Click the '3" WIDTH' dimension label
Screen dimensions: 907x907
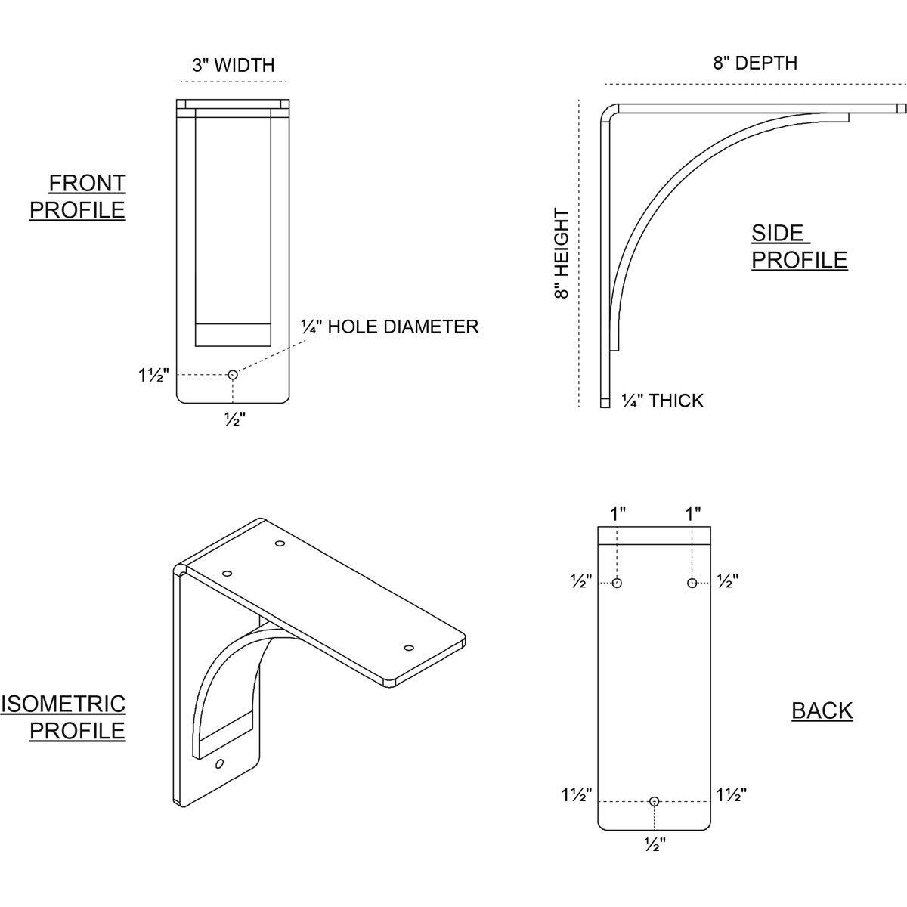pyautogui.click(x=233, y=65)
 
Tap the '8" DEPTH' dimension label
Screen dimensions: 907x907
pyautogui.click(x=755, y=63)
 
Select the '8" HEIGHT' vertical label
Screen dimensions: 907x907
pyautogui.click(x=562, y=254)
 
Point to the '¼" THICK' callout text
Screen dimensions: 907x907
pyautogui.click(x=662, y=401)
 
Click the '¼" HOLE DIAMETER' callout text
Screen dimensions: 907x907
pyautogui.click(x=389, y=327)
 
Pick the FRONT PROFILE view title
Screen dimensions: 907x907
pyautogui.click(x=78, y=196)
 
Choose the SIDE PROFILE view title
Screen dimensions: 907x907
pyautogui.click(x=799, y=246)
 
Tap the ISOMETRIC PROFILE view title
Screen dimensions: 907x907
pyautogui.click(x=63, y=717)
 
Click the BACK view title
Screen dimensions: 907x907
pyautogui.click(x=822, y=710)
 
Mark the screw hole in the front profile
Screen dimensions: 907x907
pyautogui.click(x=233, y=374)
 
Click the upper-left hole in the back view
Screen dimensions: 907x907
pyautogui.click(x=618, y=583)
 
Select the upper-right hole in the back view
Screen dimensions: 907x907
pyautogui.click(x=692, y=583)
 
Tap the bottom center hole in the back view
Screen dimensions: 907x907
pyautogui.click(x=655, y=801)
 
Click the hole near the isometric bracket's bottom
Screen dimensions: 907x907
pyautogui.click(x=219, y=763)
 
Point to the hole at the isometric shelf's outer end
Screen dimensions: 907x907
pyautogui.click(x=409, y=648)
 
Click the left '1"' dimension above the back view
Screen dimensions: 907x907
pyautogui.click(x=618, y=515)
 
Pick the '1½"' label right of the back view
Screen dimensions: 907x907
pyautogui.click(x=731, y=794)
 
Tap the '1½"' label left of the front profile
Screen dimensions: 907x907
pyautogui.click(x=153, y=375)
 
